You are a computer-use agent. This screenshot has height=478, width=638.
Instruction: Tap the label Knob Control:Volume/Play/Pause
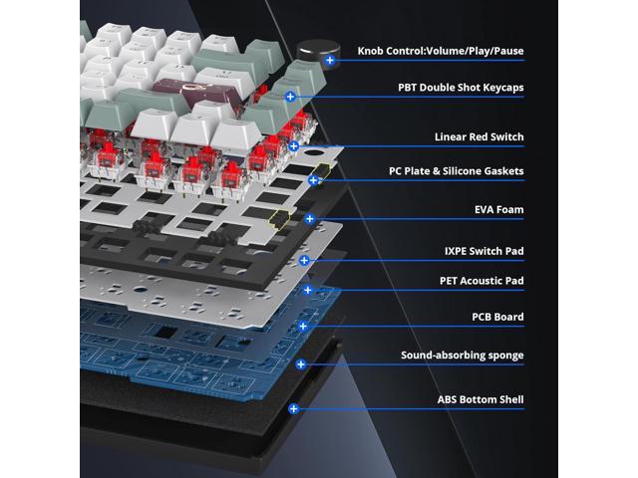coord(441,51)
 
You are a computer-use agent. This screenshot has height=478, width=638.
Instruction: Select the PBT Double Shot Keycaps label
coord(461,88)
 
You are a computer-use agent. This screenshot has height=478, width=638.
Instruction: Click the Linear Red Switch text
coord(478,137)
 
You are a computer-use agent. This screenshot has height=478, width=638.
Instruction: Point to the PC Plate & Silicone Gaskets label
coord(457,171)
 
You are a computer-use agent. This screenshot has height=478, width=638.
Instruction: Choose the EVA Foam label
coord(498,210)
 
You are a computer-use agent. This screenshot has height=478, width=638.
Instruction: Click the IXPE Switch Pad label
coord(483,251)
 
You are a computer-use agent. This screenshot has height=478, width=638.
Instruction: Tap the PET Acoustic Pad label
coord(481,281)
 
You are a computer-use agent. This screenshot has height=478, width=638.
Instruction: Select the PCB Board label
coord(497,317)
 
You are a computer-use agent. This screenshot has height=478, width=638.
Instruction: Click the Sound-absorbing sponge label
coord(463,356)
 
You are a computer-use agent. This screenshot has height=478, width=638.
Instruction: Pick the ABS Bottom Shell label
coord(480,399)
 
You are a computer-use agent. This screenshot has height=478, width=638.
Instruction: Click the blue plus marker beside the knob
coord(330,60)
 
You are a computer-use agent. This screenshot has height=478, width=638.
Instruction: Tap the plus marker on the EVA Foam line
coord(310,219)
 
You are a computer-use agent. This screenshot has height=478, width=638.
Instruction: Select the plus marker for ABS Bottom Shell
coord(294,409)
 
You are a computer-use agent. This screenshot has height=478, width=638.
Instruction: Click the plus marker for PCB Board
coord(303,326)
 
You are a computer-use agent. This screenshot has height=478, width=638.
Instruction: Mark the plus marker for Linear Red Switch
coord(294,146)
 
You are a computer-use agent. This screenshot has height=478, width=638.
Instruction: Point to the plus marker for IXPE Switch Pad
coord(304,261)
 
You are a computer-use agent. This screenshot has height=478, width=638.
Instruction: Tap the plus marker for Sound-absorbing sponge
coord(301,364)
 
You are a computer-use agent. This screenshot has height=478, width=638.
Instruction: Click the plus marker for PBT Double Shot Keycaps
coord(290,97)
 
